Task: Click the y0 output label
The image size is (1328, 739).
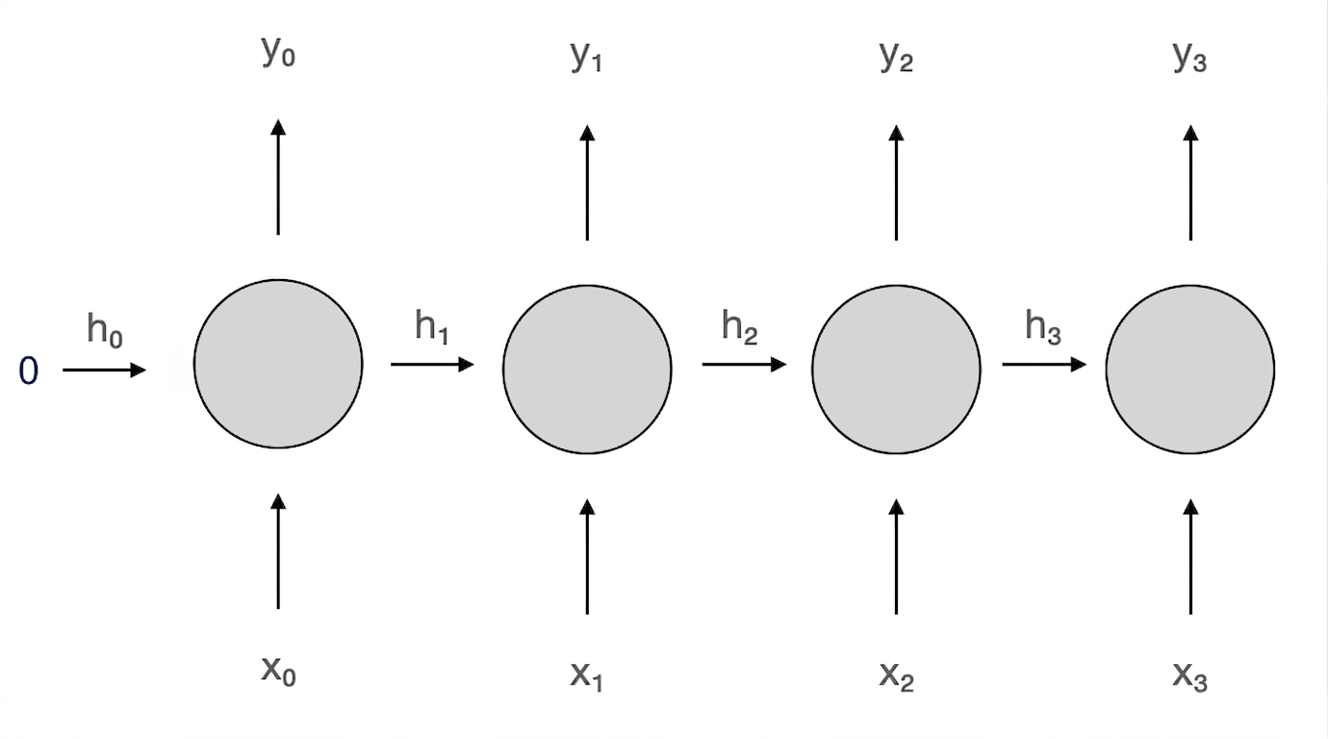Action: pyautogui.click(x=278, y=52)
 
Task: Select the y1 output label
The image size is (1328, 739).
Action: pyautogui.click(x=586, y=58)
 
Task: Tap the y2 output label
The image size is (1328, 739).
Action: pyautogui.click(x=896, y=58)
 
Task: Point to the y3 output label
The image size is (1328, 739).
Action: pyautogui.click(x=1189, y=58)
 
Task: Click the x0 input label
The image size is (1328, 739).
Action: pyautogui.click(x=279, y=672)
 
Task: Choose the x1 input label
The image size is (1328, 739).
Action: pyautogui.click(x=586, y=676)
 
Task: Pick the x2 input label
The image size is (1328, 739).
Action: pyautogui.click(x=897, y=676)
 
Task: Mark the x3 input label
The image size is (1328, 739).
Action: pyautogui.click(x=1189, y=676)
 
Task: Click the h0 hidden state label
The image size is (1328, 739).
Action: pyautogui.click(x=105, y=330)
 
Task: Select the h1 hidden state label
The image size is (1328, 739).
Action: pyautogui.click(x=431, y=326)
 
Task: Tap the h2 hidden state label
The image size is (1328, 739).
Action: pyautogui.click(x=739, y=326)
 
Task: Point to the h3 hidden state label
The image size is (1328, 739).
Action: pyautogui.click(x=1043, y=326)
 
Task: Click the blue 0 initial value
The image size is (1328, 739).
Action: pyautogui.click(x=29, y=371)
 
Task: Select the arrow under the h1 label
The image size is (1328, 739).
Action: pyautogui.click(x=432, y=364)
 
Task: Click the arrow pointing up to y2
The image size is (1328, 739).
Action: pyautogui.click(x=896, y=183)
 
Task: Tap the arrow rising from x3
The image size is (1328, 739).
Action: pyautogui.click(x=1190, y=556)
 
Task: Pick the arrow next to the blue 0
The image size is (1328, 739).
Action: pyautogui.click(x=104, y=370)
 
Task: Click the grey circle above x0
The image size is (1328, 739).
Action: pyautogui.click(x=278, y=364)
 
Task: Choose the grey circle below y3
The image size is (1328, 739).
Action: pyautogui.click(x=1189, y=369)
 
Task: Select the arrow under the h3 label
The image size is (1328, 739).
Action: pyautogui.click(x=1044, y=364)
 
